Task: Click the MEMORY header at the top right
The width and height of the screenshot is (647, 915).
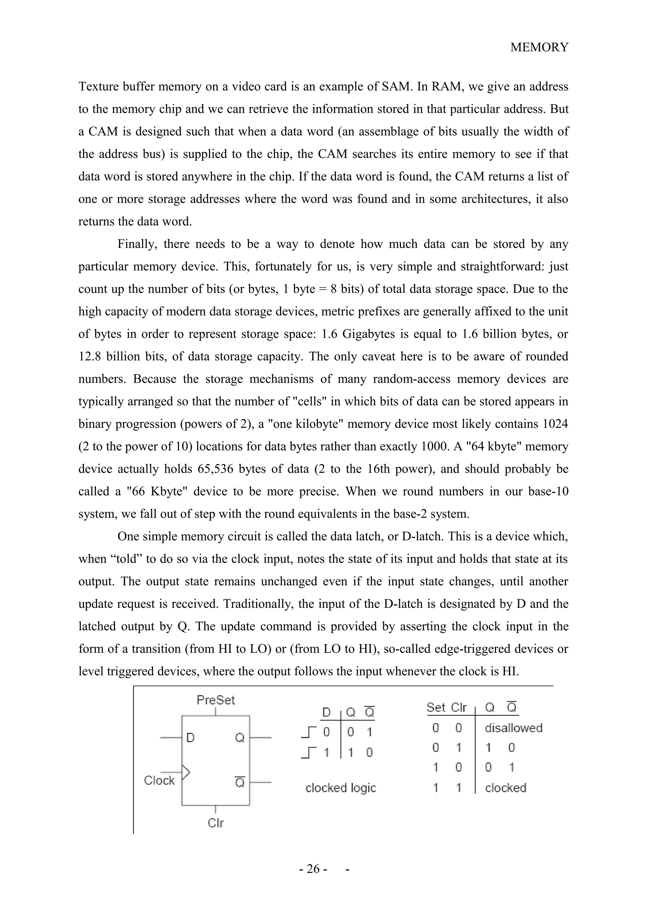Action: tap(539, 47)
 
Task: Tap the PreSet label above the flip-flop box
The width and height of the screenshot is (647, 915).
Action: tap(216, 700)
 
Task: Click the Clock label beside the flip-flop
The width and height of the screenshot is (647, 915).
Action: tap(159, 780)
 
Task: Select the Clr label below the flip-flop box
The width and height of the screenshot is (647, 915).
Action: tap(216, 822)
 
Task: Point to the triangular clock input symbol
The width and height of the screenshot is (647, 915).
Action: tap(186, 772)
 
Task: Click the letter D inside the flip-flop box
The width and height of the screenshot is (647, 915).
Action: tap(190, 738)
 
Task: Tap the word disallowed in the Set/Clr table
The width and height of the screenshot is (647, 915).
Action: tap(513, 728)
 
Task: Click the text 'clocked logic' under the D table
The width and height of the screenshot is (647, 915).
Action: tap(341, 787)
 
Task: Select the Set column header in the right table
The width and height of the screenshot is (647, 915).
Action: tap(436, 707)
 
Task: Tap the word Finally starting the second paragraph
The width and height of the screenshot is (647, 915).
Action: tap(137, 244)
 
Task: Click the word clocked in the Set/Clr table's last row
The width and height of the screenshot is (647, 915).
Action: tap(505, 787)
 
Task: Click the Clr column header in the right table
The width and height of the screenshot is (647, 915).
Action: tap(458, 707)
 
